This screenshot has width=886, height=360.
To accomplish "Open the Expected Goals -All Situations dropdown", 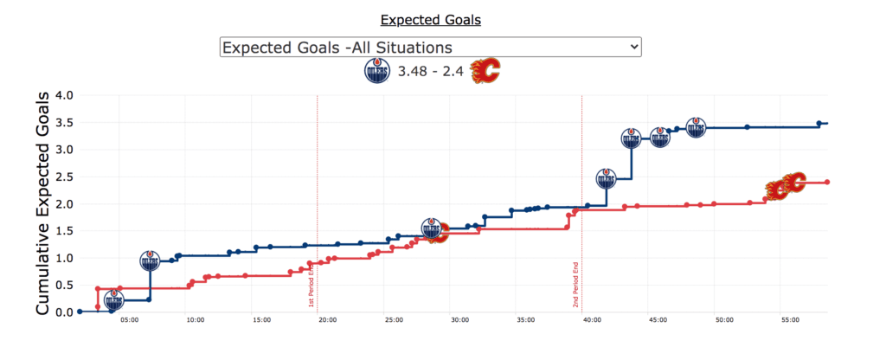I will point(430,47).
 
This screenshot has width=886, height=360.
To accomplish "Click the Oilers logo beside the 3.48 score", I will point(377,73).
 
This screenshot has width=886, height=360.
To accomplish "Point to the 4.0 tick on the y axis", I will point(64,95).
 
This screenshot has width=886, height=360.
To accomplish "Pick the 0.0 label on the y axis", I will point(64,312).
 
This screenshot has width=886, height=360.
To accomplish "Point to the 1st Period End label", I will point(311,286).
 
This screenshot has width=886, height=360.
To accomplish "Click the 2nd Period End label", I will point(575,286).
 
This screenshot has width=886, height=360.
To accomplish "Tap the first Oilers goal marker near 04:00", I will point(113,300).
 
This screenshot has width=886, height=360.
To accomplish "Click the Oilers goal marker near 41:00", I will point(607,179).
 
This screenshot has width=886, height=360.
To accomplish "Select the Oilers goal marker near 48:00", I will point(697,128).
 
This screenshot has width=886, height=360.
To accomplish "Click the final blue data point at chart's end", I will point(819,124).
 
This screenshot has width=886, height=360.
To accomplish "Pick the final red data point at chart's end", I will point(827,183).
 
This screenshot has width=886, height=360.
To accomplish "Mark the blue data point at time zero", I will point(80,312).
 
